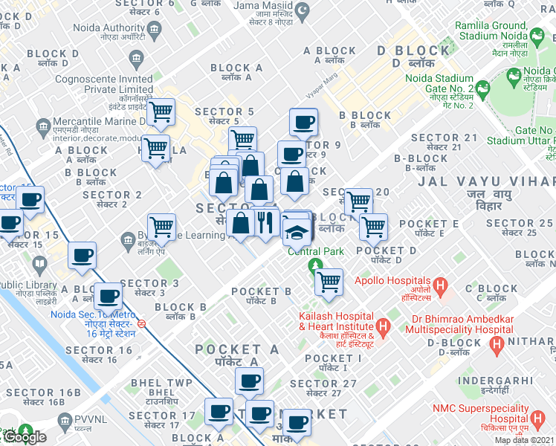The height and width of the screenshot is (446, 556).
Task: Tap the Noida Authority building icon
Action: click(155, 30)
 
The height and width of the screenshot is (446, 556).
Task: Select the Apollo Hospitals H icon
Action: click(440, 285)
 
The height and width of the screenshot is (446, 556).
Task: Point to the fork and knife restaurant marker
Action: click(266, 221)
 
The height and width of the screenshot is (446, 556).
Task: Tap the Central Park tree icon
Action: click(316, 265)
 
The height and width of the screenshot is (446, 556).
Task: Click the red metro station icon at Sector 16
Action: click(151, 323)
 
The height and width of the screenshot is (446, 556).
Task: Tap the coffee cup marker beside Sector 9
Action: click(291, 154)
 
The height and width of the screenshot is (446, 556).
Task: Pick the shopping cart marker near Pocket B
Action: click(328, 282)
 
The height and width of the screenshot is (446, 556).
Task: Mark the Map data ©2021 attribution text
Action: click(524, 440)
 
